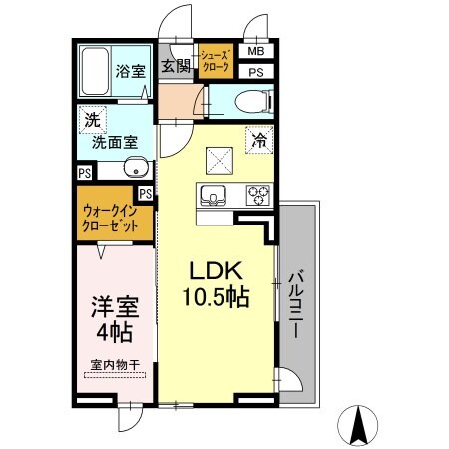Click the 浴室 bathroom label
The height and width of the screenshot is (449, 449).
130,71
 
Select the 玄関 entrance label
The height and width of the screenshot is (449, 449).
177,68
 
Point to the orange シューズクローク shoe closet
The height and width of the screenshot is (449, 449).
216,63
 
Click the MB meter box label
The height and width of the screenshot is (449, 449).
256,52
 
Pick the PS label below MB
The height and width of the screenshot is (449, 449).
256,72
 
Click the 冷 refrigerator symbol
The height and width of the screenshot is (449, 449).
258,141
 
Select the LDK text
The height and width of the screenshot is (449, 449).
213,271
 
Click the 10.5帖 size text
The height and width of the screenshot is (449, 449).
214,297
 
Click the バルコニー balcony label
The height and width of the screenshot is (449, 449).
298,302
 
